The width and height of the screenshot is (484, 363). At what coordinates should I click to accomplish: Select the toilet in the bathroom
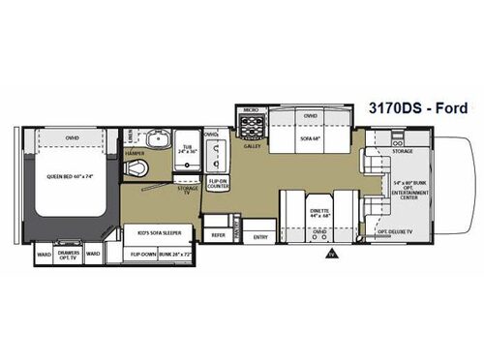coord(144,170)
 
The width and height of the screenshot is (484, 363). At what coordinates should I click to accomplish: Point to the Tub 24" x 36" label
coord(187,151)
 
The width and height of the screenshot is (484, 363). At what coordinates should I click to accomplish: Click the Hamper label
coord(136,153)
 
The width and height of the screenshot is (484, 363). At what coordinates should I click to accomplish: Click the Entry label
coord(259,235)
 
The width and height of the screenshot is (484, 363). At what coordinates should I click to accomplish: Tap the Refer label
coord(220,233)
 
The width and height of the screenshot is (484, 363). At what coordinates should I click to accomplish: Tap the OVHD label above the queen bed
coord(74,136)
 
